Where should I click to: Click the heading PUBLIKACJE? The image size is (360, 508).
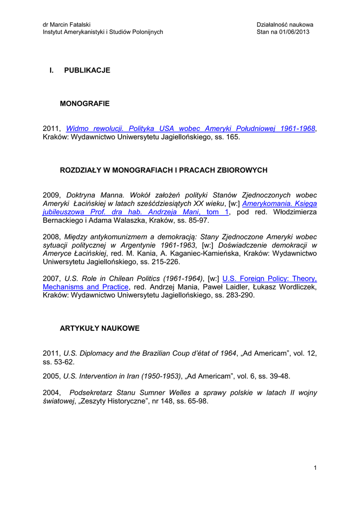(x=87, y=70)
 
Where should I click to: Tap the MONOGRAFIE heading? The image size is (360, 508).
(x=84, y=104)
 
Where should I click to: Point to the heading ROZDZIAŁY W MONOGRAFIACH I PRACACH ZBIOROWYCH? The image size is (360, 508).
(x=163, y=170)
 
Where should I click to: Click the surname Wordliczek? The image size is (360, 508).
(x=295, y=287)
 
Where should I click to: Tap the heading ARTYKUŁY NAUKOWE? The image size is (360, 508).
(x=100, y=328)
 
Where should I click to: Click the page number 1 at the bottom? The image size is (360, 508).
(x=315, y=467)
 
